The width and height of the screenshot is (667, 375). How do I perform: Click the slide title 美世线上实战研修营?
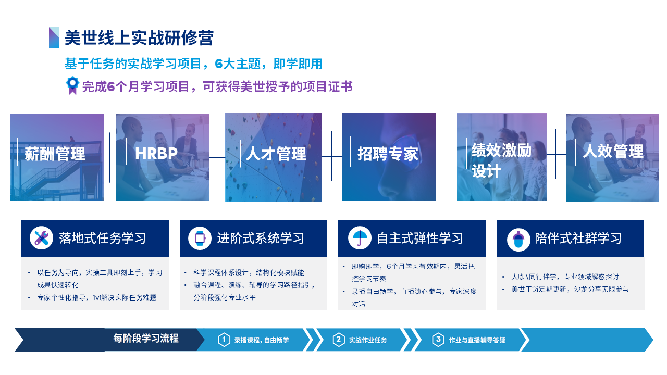point(139,38)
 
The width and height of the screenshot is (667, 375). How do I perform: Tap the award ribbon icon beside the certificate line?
point(72,85)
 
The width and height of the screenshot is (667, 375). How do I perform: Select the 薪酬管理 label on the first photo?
point(55,154)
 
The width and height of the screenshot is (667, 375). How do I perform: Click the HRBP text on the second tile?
point(156,154)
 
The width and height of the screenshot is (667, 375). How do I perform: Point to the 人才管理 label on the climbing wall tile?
point(276,154)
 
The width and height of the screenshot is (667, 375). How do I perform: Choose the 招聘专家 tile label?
point(388,154)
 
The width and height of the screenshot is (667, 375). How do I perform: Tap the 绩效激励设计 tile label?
point(501,160)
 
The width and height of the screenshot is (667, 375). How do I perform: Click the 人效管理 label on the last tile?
point(613,151)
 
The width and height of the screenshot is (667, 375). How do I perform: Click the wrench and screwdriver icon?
point(41,238)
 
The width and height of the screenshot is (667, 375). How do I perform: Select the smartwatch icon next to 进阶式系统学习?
point(200,238)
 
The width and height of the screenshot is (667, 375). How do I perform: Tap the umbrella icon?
point(360,238)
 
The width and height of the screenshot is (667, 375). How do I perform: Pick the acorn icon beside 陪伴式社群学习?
point(518,240)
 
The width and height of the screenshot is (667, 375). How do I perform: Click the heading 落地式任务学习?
point(102,239)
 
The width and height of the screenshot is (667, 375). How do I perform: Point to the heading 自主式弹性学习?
point(420,239)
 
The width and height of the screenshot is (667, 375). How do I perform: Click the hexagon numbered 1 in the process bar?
point(224,340)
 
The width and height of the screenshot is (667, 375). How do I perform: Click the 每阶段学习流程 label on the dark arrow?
point(146,339)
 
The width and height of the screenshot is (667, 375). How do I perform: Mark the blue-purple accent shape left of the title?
point(54,37)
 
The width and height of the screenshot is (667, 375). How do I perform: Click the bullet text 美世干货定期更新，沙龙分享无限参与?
point(570,289)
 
